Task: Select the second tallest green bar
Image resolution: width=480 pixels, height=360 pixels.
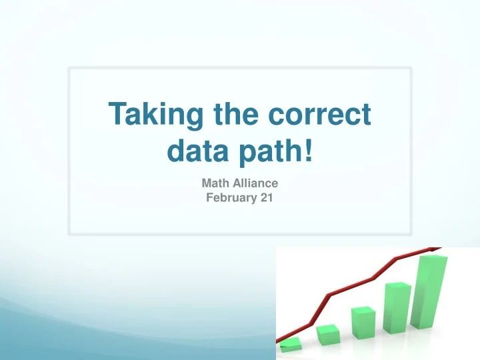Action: pos(399,310)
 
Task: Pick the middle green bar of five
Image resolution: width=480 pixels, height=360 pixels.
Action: pos(364,322)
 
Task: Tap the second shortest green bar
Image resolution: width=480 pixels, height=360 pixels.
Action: pos(328,335)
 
